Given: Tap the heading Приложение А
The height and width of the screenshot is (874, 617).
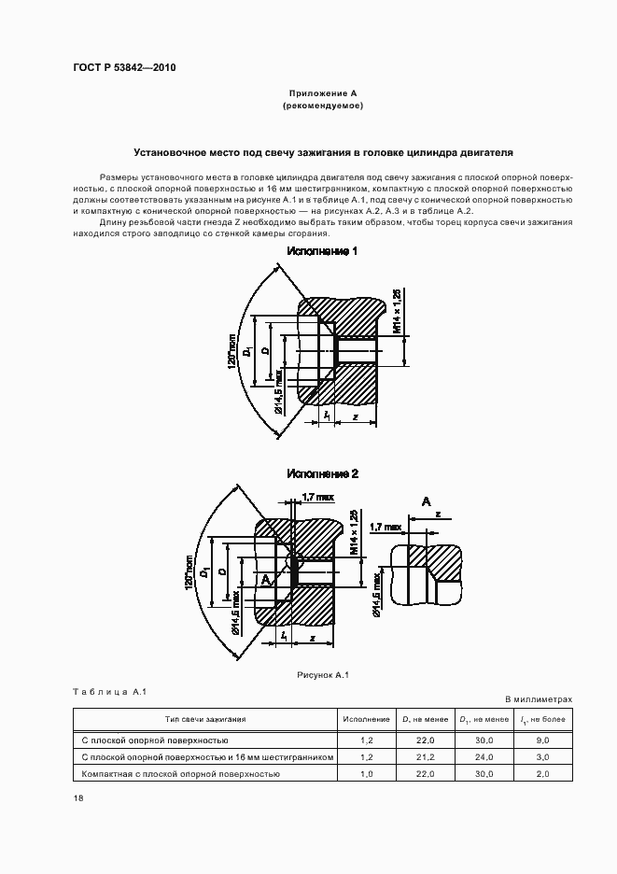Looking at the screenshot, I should pos(322,93).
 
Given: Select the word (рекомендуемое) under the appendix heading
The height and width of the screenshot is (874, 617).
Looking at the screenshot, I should pos(322,106).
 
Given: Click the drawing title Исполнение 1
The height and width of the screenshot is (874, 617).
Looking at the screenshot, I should pos(323,252).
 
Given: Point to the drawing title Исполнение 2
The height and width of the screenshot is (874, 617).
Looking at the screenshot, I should pos(323,474).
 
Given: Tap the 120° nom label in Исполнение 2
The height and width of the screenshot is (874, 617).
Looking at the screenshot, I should pos(189,567).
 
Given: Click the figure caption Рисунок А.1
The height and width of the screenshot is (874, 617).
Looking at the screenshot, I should pos(322,674).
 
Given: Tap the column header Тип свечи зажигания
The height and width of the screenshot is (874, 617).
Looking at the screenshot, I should pos(205,719).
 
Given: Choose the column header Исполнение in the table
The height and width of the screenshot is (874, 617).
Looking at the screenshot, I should pos(366,719).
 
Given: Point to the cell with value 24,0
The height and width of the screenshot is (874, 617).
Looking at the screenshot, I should pos(484,757).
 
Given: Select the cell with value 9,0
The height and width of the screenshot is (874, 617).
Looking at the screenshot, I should pos(542,740).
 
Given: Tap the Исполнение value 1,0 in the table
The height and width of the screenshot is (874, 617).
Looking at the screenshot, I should pos(366,774).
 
